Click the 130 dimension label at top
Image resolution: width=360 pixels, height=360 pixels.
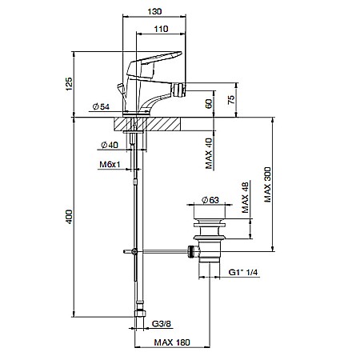pos(154,11)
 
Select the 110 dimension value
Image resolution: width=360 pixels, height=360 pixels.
pos(161,29)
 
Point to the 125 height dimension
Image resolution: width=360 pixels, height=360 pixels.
pos(69,84)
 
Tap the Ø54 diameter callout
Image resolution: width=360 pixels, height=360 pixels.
pos(101,106)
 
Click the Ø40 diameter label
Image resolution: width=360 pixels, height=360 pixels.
pos(110,145)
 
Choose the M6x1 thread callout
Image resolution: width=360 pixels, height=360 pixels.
pos(110,164)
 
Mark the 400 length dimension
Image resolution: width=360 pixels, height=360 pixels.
pos(69,217)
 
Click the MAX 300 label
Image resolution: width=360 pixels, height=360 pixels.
pos(267,185)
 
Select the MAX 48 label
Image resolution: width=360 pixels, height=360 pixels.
pos(245,198)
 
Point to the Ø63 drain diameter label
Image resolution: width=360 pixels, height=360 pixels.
pos(210,200)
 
